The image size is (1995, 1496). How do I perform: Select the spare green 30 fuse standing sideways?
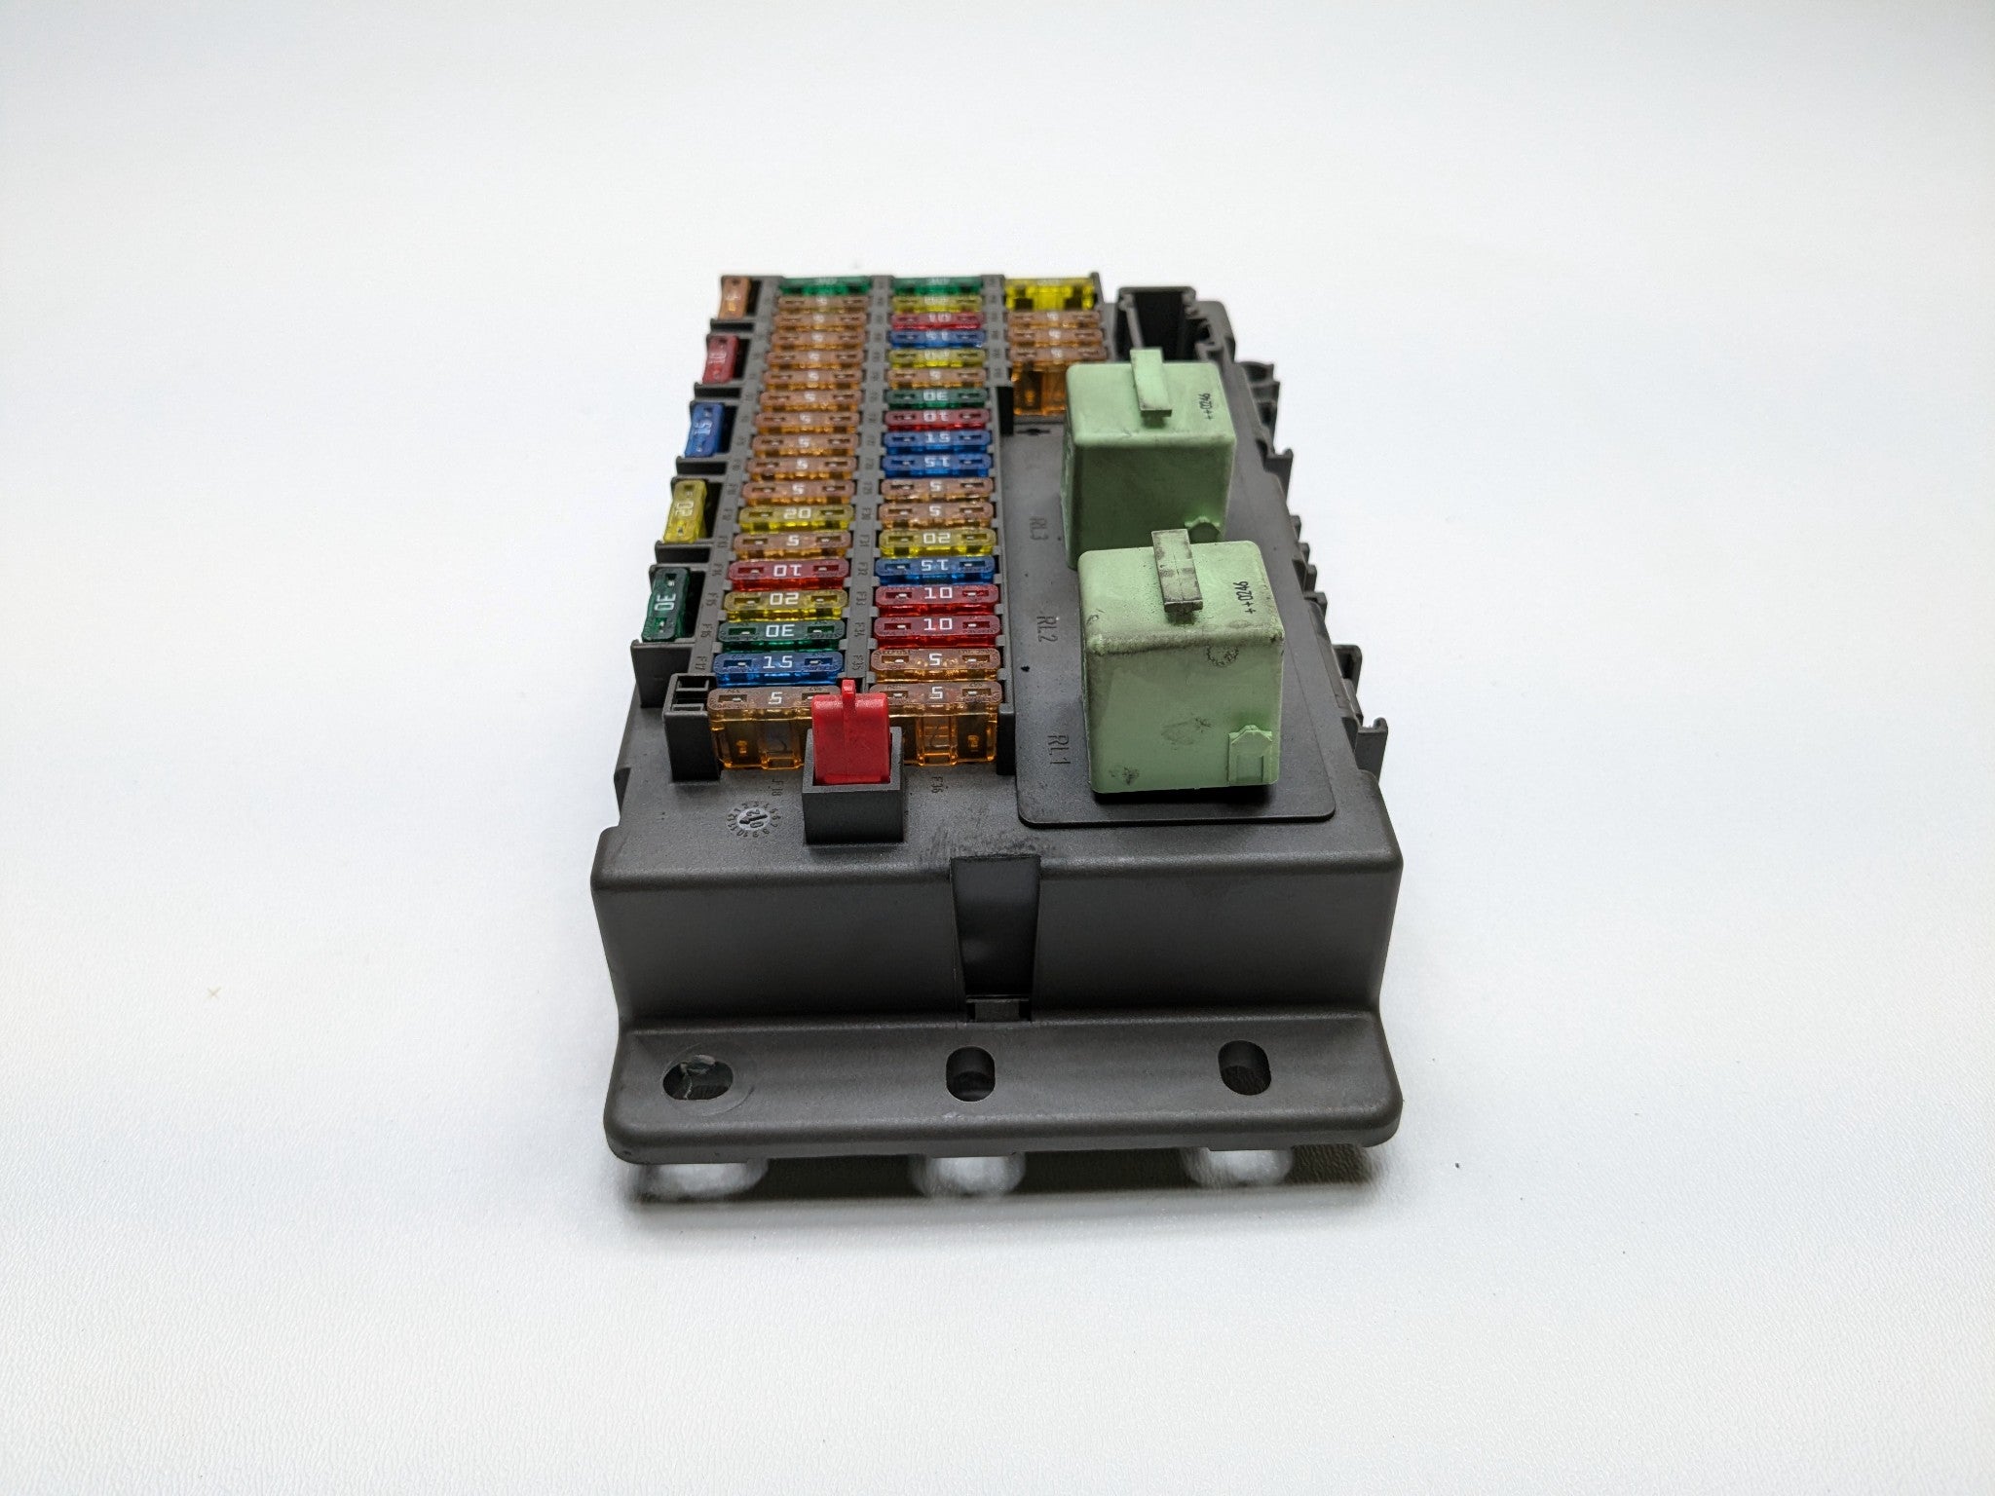[666, 605]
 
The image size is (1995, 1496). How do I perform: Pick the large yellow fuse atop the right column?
[1047, 291]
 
